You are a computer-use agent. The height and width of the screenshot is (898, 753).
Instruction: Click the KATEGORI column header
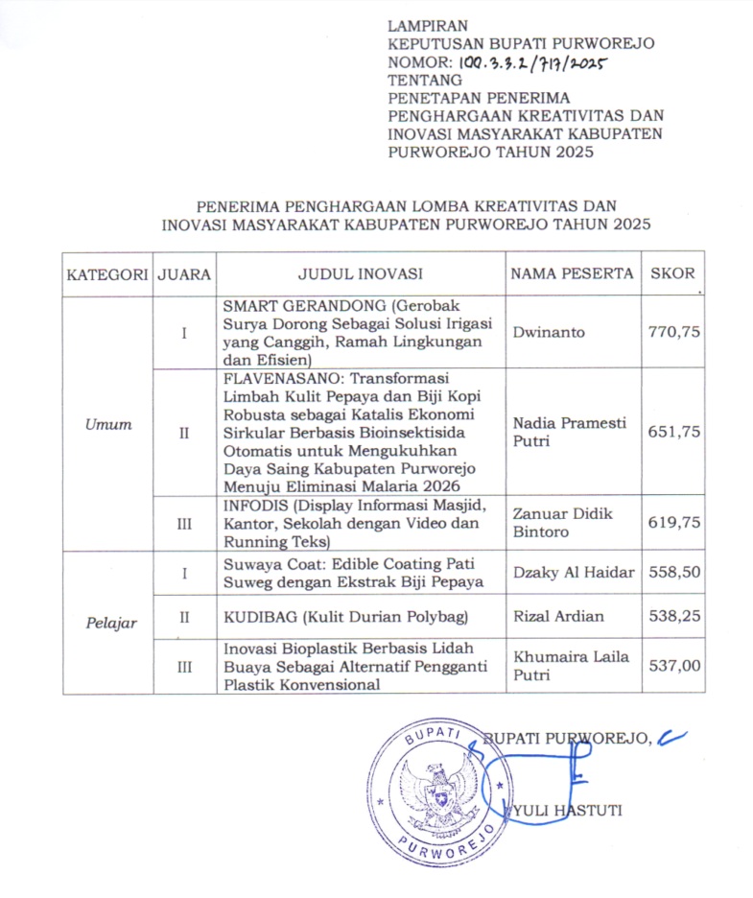[106, 274]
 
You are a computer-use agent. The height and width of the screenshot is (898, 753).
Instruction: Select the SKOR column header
[672, 274]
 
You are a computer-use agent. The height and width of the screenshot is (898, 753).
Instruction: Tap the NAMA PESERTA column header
[572, 274]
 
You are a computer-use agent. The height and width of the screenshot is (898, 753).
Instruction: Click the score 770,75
[673, 333]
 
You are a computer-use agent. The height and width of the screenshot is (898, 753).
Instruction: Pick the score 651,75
[673, 432]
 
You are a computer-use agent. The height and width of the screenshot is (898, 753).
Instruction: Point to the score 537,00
[673, 666]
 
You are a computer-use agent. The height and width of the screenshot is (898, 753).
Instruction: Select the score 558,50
[673, 573]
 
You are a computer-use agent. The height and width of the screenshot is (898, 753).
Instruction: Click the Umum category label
[107, 424]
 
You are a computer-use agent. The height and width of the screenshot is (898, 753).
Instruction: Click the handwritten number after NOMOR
[534, 63]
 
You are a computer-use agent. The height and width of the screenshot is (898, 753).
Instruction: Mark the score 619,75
[673, 522]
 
